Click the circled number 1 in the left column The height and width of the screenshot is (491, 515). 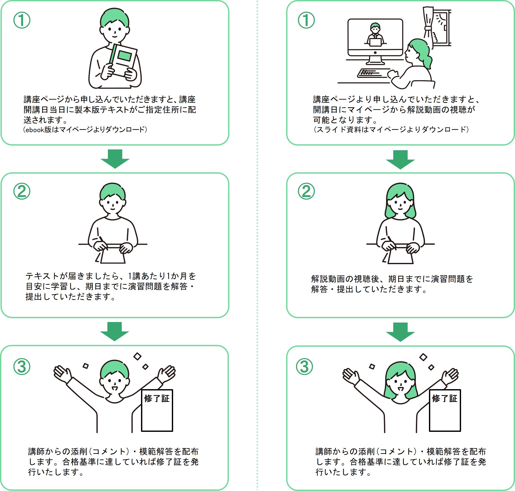tap(22, 20)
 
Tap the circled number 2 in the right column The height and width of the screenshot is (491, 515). tap(306, 191)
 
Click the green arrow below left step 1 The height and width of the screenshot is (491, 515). tap(115, 159)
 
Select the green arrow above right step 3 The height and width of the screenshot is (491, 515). tap(400, 332)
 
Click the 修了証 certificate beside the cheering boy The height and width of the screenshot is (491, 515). tap(157, 410)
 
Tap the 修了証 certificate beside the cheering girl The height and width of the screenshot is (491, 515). tap(445, 410)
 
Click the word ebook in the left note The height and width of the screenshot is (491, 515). tap(34, 130)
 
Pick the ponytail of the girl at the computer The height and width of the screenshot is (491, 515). tap(426, 59)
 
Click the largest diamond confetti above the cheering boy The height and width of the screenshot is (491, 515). tap(137, 356)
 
